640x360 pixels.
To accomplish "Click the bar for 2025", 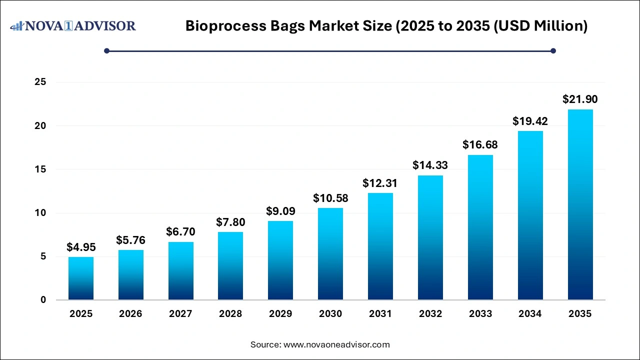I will point(81,278).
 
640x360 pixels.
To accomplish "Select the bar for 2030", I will point(330,254).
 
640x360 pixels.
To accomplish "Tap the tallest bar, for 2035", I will point(580,204).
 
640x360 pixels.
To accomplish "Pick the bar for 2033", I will point(480,227).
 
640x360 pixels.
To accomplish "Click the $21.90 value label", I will point(580,99).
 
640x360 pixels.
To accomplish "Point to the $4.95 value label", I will point(81,247).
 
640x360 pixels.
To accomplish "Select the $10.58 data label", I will point(330,198).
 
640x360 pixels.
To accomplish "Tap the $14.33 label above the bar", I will point(430,165).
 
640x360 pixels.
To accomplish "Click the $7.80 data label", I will point(230,221).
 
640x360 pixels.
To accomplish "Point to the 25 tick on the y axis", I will point(40,82).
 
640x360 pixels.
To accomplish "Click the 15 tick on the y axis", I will point(40,169).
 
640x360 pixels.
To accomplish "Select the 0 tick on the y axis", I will point(43,300).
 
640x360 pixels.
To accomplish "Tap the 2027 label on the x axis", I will point(180,314).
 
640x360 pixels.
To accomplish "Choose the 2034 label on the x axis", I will point(530,314).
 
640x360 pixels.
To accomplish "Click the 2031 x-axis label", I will point(380,314).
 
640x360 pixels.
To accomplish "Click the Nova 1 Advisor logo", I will point(73,25).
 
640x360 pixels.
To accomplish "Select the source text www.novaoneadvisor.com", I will point(336,344).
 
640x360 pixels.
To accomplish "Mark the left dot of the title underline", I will point(106,50).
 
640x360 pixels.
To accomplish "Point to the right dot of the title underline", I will point(553,50).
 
